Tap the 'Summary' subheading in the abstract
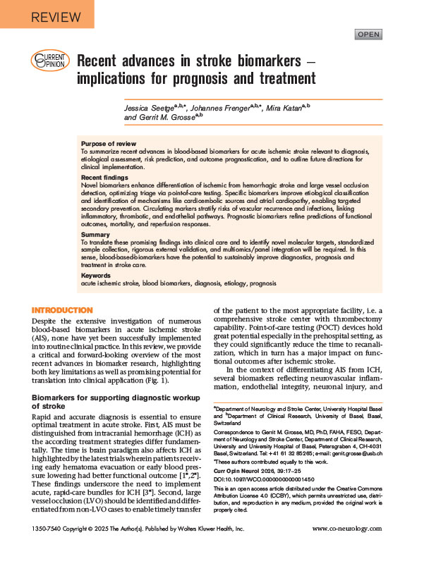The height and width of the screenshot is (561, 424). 96,234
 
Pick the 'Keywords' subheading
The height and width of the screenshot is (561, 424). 97,276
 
